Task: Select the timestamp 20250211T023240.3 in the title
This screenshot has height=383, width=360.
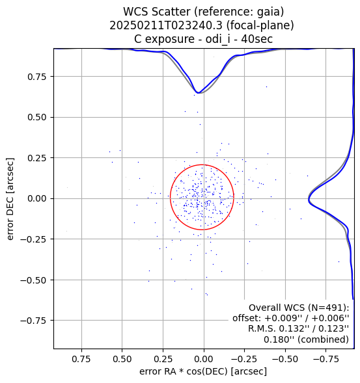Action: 166,25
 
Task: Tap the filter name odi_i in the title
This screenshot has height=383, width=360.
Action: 217,39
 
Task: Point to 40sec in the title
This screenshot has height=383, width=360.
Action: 256,39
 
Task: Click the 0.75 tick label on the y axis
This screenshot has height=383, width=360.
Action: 37,77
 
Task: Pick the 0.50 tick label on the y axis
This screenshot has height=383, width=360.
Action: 37,117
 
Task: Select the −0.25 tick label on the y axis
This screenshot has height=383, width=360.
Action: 33,239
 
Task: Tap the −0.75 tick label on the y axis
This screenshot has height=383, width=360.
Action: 33,321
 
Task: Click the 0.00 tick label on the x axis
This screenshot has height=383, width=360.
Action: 204,359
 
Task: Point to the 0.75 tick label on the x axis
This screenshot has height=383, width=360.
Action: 81,359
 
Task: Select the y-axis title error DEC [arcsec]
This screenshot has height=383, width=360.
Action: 10,199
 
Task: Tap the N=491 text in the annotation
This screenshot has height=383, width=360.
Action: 326,308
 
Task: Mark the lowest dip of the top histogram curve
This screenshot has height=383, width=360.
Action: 199,93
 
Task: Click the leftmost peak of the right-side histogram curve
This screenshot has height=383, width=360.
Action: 309,200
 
